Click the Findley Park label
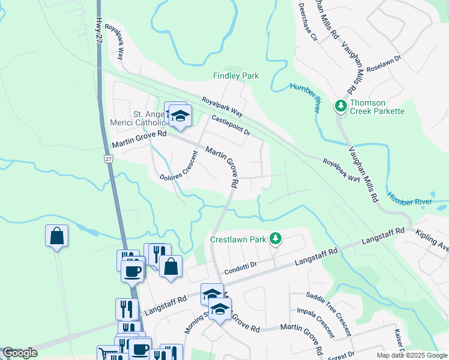click(x=236, y=76)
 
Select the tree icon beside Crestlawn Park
click(x=275, y=239)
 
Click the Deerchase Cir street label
click(x=306, y=23)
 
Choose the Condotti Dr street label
click(x=241, y=265)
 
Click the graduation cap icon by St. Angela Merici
click(x=179, y=116)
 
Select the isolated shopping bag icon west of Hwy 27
click(x=56, y=236)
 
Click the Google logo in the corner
click(x=20, y=353)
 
